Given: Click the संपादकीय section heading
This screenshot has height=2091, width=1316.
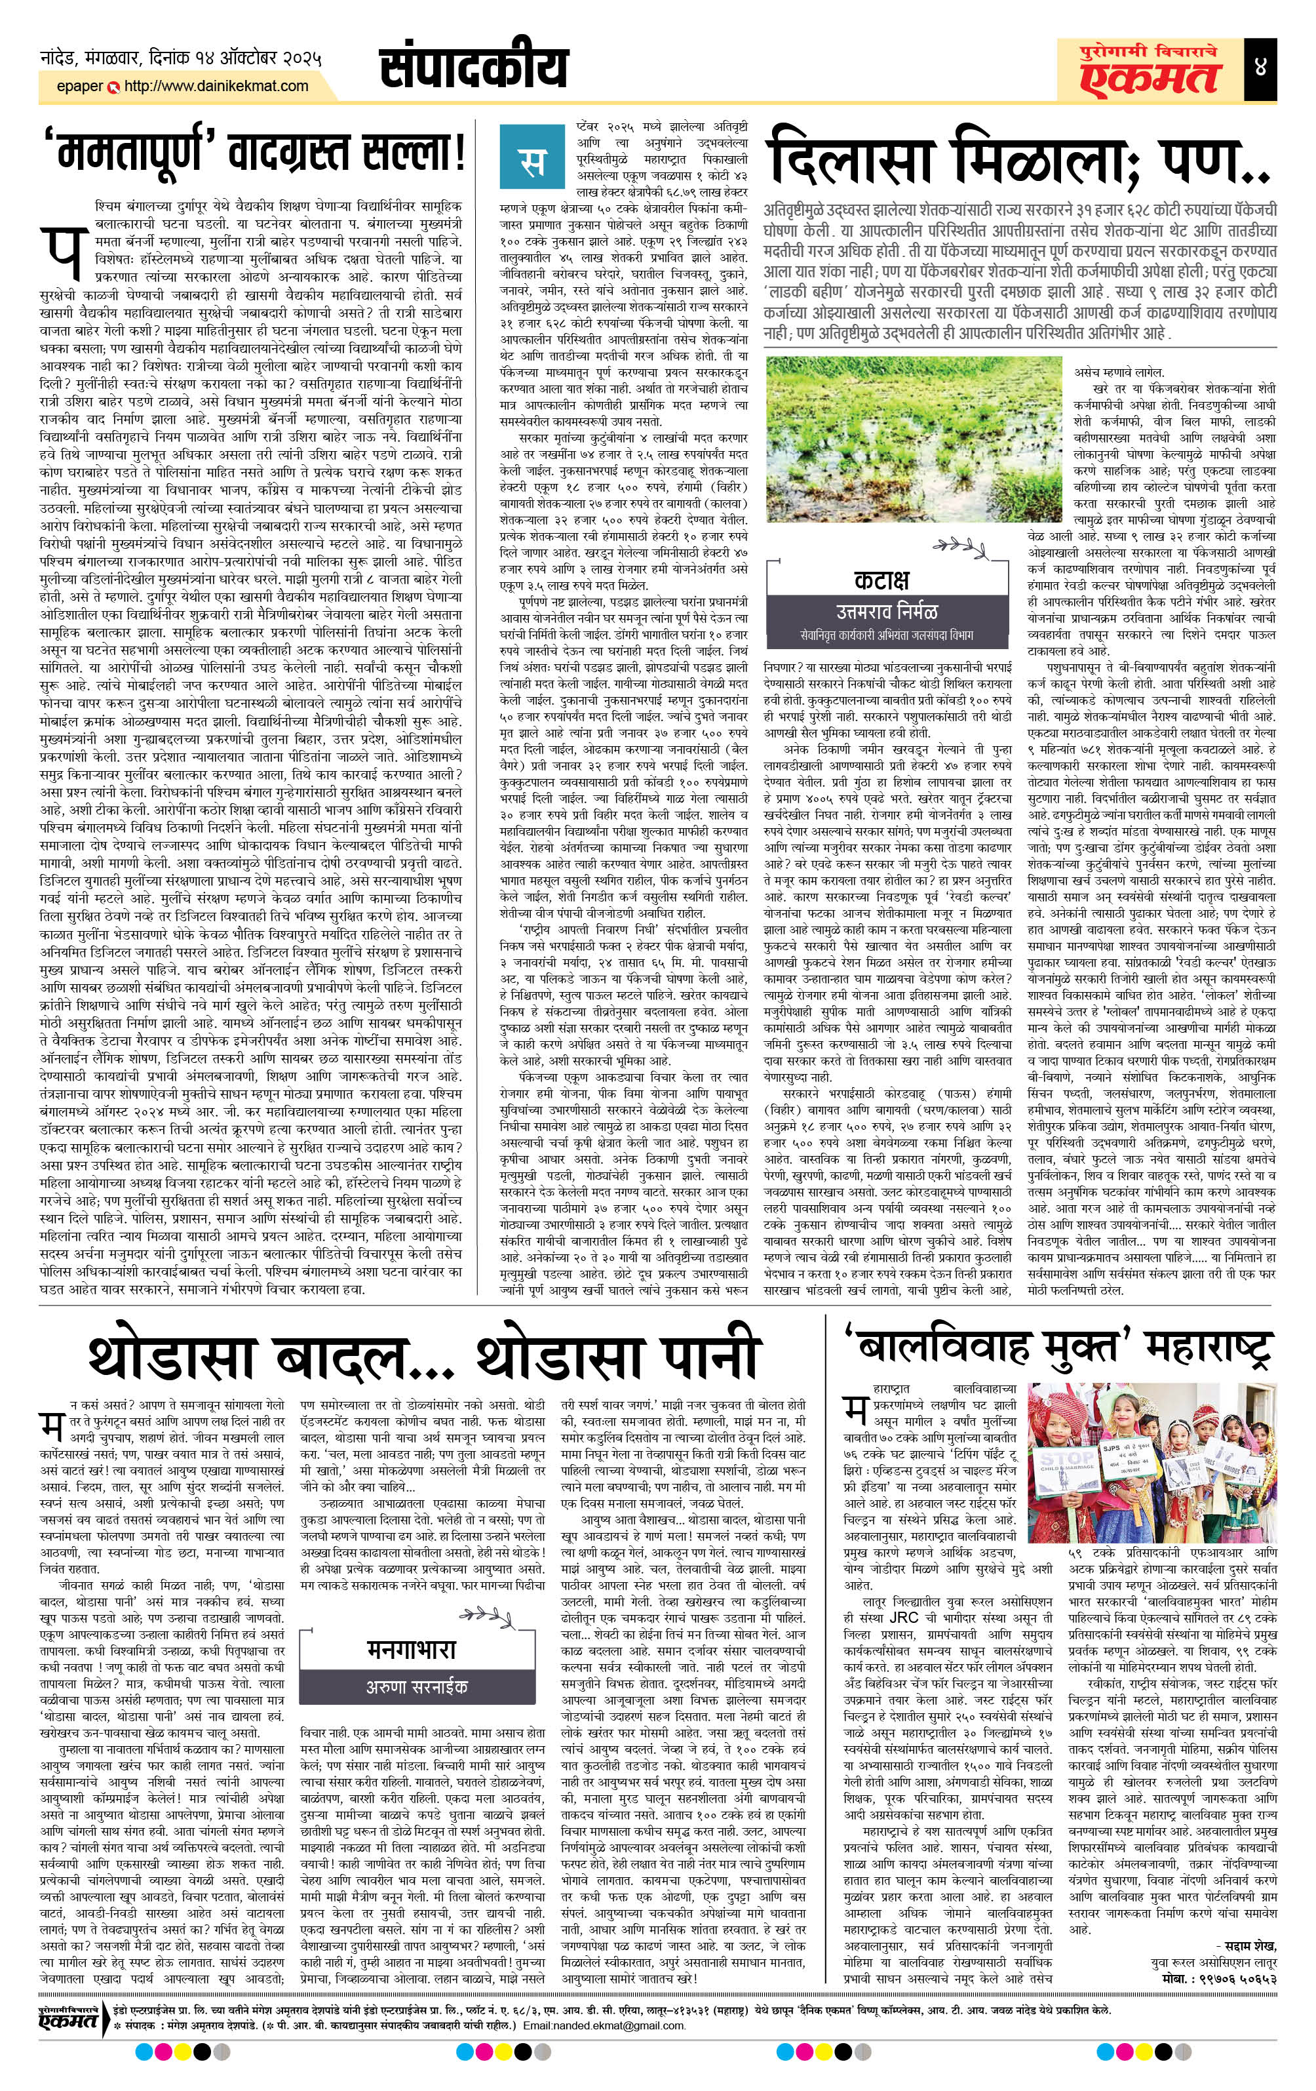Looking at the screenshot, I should click(x=473, y=67).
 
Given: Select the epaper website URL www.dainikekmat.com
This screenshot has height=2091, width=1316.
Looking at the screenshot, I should click(x=216, y=86).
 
